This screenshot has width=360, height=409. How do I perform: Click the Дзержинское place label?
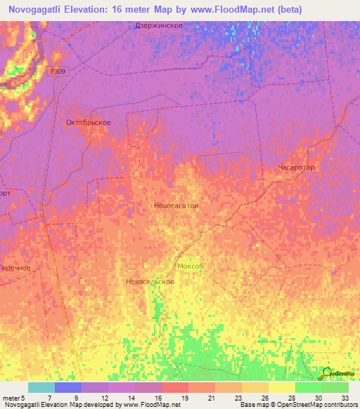coord(159,26)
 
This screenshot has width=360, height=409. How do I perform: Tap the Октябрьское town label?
coord(88,123)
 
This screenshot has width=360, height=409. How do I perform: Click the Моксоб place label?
coord(190,266)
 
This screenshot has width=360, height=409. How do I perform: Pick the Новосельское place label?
coord(150,281)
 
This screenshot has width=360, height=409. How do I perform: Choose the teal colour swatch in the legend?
coord(41,387)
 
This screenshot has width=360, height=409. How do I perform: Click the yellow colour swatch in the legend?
coord(281,387)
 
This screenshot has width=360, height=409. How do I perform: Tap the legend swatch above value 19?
coord(174,387)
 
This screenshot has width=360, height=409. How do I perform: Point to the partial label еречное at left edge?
coord(15,268)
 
